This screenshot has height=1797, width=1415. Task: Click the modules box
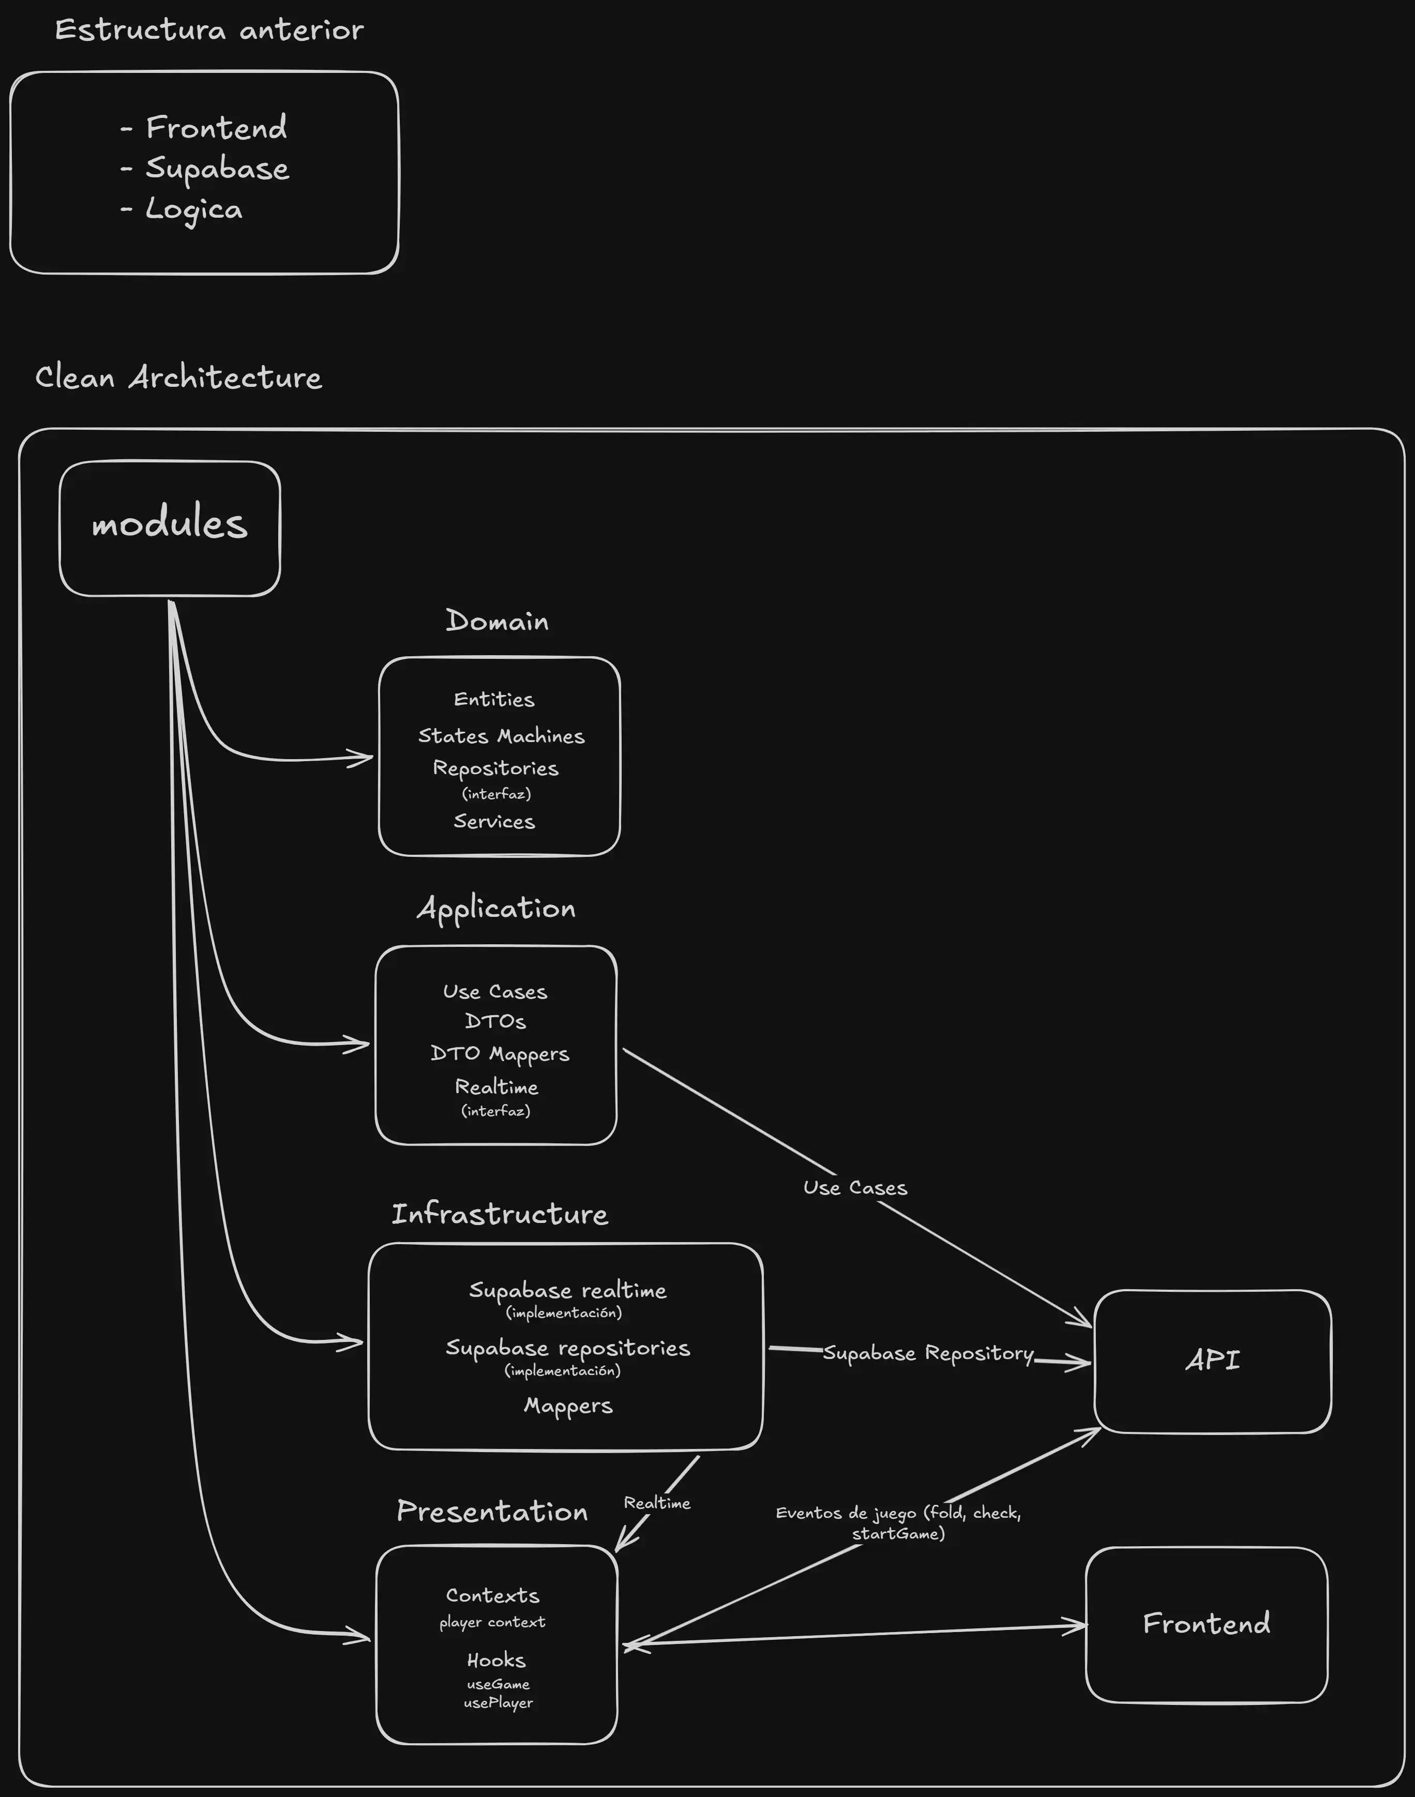pyautogui.click(x=170, y=528)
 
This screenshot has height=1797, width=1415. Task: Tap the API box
pyautogui.click(x=1212, y=1361)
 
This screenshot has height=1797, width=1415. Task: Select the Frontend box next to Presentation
pyautogui.click(x=1206, y=1624)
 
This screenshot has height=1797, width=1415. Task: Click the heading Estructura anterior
pyautogui.click(x=209, y=31)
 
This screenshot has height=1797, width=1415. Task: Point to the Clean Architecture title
pyautogui.click(x=178, y=378)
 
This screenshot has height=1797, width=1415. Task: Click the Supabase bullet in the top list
pyautogui.click(x=217, y=168)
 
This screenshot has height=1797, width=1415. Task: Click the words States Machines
pyautogui.click(x=501, y=736)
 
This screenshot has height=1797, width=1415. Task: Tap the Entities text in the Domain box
pyautogui.click(x=494, y=699)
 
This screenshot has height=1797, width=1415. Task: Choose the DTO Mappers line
pyautogui.click(x=500, y=1054)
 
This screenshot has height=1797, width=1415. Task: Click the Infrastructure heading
pyautogui.click(x=500, y=1215)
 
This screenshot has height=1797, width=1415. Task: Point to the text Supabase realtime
pyautogui.click(x=567, y=1290)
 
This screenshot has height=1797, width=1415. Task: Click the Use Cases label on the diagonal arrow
pyautogui.click(x=855, y=1188)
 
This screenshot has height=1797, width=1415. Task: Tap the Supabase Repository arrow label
pyautogui.click(x=928, y=1353)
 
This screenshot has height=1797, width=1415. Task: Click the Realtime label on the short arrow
pyautogui.click(x=657, y=1503)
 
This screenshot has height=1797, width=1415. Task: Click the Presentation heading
pyautogui.click(x=492, y=1512)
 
